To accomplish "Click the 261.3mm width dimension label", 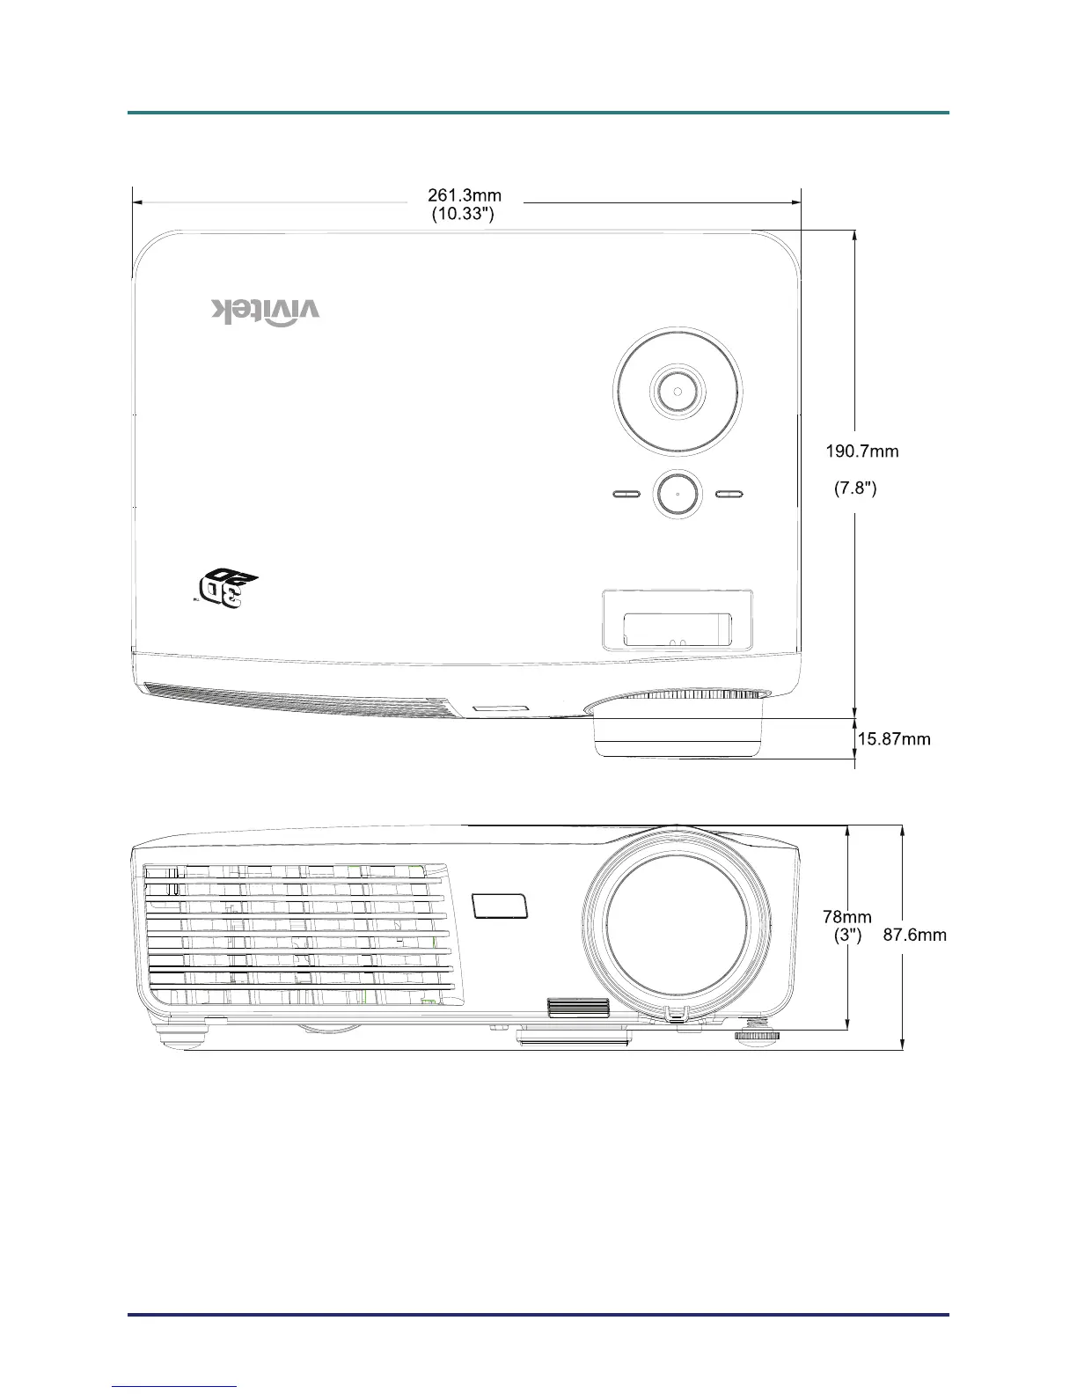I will [465, 195].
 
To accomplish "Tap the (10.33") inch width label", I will [463, 214].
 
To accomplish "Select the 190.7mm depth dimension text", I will [861, 451].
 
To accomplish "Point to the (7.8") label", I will [855, 488].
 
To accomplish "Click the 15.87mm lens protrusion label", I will [893, 739].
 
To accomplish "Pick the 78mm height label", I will [847, 918].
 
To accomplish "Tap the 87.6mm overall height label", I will [915, 935].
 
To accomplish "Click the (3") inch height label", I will [847, 935].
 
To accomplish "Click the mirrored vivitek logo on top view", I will [266, 311].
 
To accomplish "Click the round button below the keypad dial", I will [678, 494].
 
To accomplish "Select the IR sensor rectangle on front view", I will [501, 906].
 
